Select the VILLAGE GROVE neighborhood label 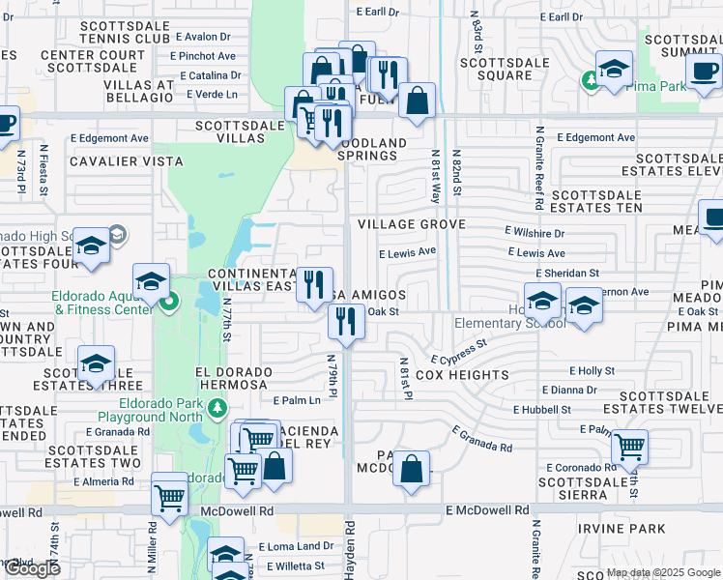411,224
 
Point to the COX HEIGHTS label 462,375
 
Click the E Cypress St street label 459,358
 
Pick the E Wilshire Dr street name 534,233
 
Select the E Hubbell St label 545,410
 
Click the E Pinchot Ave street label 207,56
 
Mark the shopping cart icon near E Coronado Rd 629,448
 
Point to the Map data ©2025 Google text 663,572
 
